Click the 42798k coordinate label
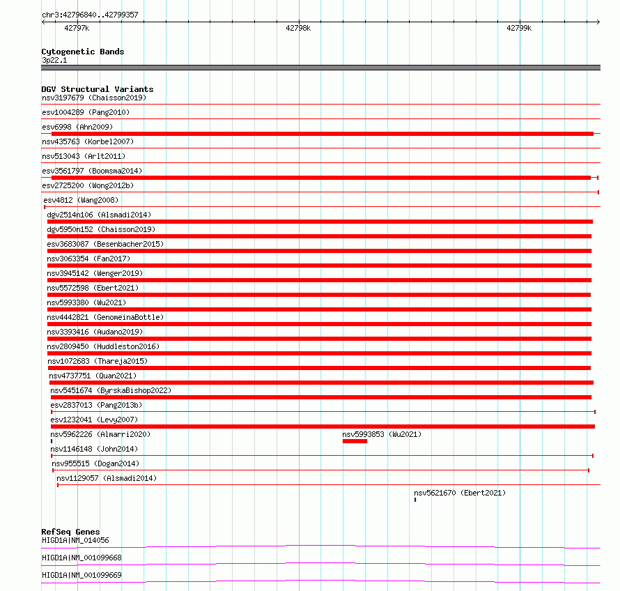(x=298, y=29)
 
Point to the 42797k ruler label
(x=77, y=29)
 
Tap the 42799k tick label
(x=519, y=29)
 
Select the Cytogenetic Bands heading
(x=82, y=52)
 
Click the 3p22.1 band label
(x=54, y=61)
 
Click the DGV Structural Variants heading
(x=97, y=89)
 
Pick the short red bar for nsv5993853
(x=355, y=441)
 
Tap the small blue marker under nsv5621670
(x=415, y=500)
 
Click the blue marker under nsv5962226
(x=52, y=441)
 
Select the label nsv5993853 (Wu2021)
(x=381, y=434)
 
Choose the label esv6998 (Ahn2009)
(x=77, y=127)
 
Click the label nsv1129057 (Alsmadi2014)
(x=107, y=478)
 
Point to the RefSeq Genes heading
(x=70, y=532)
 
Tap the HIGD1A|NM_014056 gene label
(x=75, y=540)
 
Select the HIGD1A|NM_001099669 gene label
(x=82, y=575)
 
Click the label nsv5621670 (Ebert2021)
(x=460, y=493)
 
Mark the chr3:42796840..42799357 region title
(x=90, y=15)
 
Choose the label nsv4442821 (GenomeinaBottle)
(x=105, y=317)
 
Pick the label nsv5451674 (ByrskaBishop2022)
(x=110, y=390)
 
